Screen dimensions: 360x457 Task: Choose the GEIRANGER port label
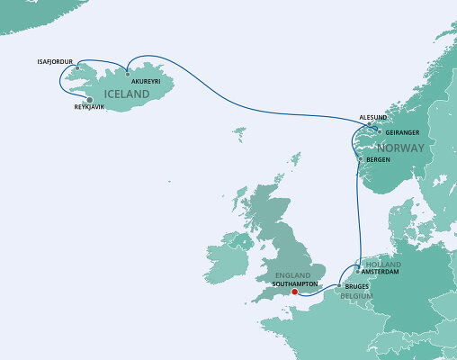click(402, 131)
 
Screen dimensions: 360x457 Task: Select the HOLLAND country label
click(384, 264)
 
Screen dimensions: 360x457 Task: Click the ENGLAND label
click(293, 275)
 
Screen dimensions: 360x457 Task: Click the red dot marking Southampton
click(295, 292)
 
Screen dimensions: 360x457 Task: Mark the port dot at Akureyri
click(128, 73)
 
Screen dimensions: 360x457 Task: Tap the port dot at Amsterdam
click(358, 271)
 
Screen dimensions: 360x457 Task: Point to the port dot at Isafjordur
click(77, 67)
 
